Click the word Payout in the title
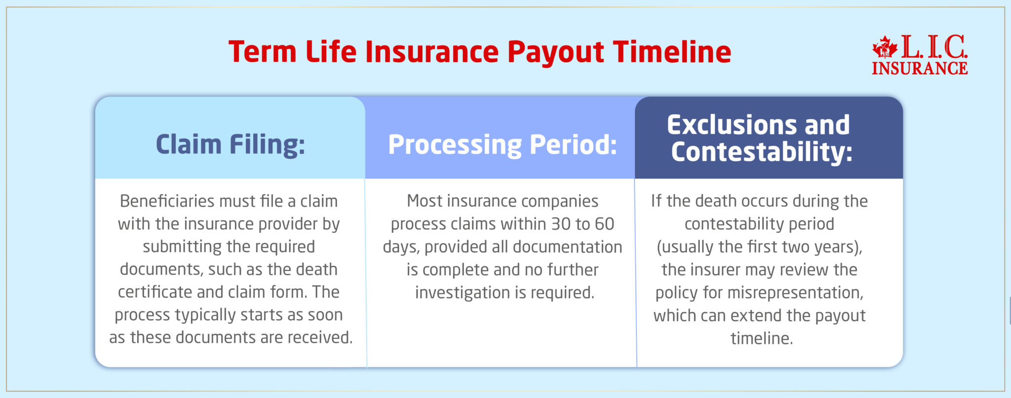point(555,52)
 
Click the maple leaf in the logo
point(885,47)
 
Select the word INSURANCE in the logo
point(919,68)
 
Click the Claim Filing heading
point(230,144)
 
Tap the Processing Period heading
point(502,144)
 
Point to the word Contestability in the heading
point(761,152)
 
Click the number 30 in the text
point(560,224)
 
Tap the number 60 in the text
point(604,224)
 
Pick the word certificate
point(155,292)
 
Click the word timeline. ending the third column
point(761,339)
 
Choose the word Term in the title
point(262,52)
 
